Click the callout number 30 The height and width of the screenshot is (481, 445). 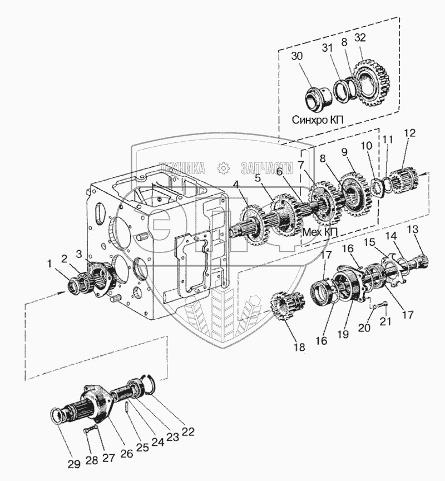297,56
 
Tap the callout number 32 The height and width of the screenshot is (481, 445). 360,37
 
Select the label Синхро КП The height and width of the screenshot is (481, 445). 317,120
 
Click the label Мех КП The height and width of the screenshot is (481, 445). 320,232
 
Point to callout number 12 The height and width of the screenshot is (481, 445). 410,133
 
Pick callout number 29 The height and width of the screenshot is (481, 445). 73,464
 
